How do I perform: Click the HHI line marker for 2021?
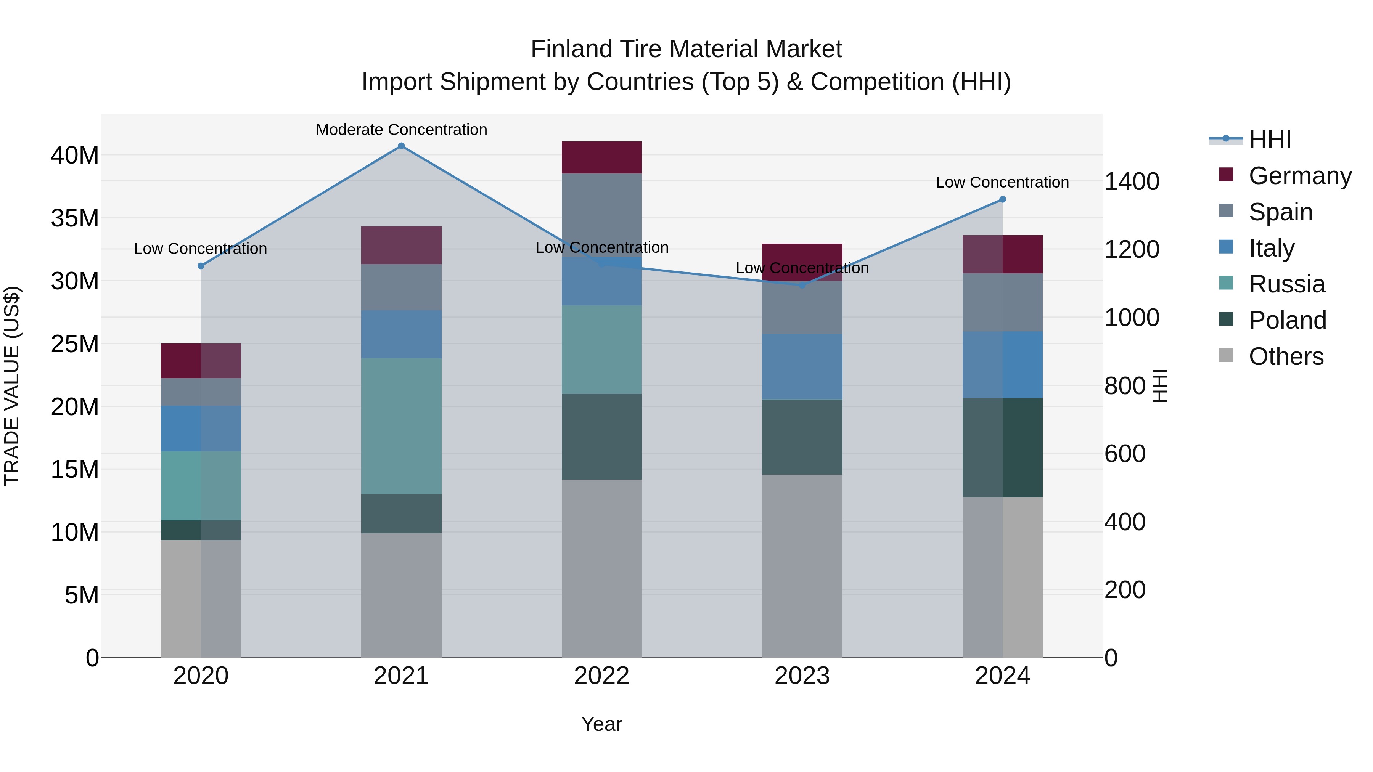[401, 146]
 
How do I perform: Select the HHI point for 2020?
[201, 266]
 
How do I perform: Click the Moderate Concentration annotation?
[401, 130]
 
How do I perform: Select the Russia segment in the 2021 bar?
[401, 426]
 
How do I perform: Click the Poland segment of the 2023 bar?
[802, 437]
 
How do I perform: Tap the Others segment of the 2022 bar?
[602, 568]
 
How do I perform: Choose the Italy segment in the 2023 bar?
[802, 366]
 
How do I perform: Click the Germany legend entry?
[1299, 176]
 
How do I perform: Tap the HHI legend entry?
[1270, 140]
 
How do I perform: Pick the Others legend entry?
[1286, 356]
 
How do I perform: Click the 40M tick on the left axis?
[75, 156]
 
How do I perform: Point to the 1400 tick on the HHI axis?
[1132, 182]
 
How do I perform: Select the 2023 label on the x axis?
[802, 676]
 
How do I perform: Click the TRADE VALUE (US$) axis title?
[12, 386]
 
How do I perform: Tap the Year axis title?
[602, 724]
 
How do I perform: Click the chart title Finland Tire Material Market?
[686, 49]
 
